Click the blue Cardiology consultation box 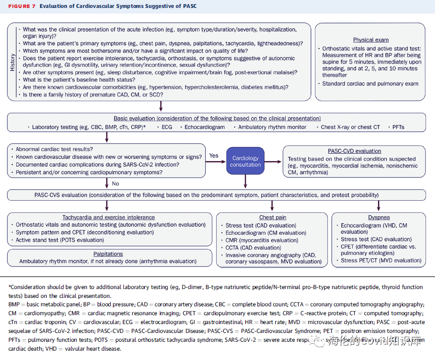(245, 161)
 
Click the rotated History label (13, 62)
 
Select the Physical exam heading (371, 40)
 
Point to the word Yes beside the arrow (214, 155)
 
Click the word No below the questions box (115, 184)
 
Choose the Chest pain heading (273, 217)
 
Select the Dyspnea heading (378, 217)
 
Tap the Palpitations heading (108, 254)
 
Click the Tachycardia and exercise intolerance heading (108, 217)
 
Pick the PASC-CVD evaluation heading (355, 151)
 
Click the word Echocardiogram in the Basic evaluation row (205, 127)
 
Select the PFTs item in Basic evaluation (399, 127)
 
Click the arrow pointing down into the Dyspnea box (378, 205)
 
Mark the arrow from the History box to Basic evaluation (161, 106)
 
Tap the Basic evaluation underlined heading (217, 119)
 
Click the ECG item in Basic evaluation (167, 127)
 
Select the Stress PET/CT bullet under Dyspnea (381, 261)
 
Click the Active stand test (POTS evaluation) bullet (60, 240)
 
